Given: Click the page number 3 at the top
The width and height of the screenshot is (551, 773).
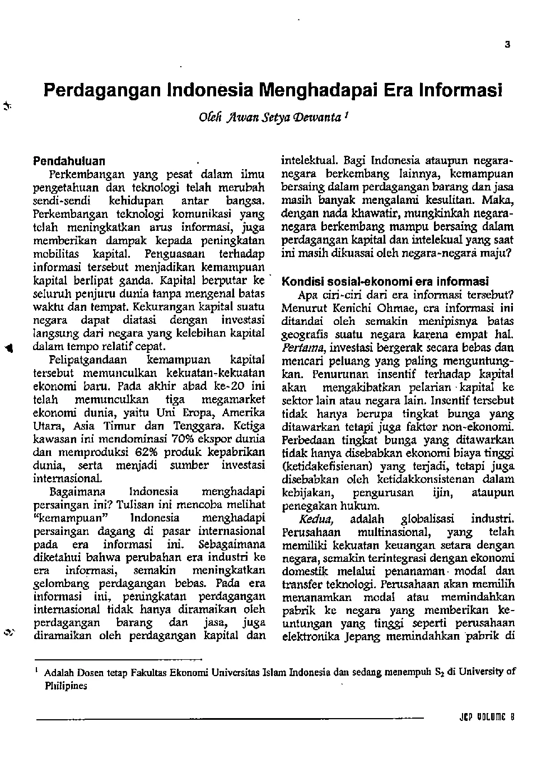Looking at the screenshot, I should pyautogui.click(x=507, y=45).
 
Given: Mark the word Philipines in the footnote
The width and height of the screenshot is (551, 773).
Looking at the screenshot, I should pyautogui.click(x=66, y=686).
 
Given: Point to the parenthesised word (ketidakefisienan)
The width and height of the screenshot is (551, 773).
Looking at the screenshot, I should pyautogui.click(x=328, y=467).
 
